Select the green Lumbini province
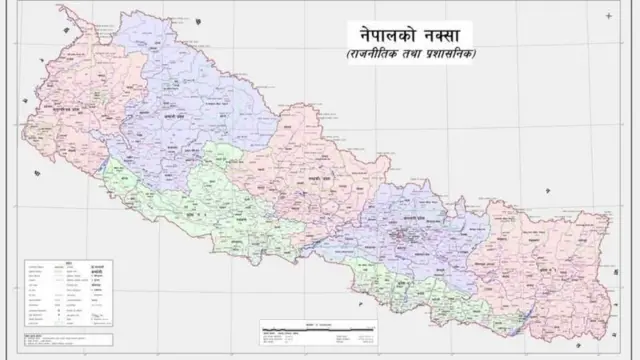[x=200, y=200]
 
